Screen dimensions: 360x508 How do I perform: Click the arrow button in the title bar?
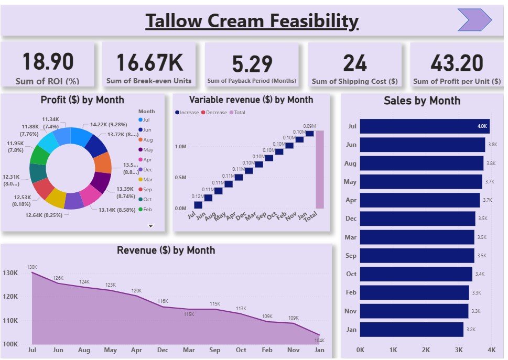(474, 20)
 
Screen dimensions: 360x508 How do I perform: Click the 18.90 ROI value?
(48, 62)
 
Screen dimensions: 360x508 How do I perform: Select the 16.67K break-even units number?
(149, 62)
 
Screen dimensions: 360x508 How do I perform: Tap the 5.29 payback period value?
(252, 64)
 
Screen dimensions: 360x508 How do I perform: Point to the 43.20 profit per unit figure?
(457, 63)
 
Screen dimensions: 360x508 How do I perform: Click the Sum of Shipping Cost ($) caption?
(354, 81)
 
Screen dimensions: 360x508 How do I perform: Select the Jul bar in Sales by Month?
(425, 126)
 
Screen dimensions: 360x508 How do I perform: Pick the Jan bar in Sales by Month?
(412, 330)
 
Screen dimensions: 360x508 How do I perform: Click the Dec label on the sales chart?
(351, 219)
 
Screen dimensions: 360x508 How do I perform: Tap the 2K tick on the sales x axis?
(426, 350)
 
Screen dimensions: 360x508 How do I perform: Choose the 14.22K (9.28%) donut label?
(108, 125)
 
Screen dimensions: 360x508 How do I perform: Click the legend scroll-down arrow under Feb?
(151, 226)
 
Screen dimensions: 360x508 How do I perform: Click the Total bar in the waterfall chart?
(320, 169)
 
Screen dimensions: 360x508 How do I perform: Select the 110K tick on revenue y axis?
(10, 321)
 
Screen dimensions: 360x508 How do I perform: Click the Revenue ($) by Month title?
(166, 250)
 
